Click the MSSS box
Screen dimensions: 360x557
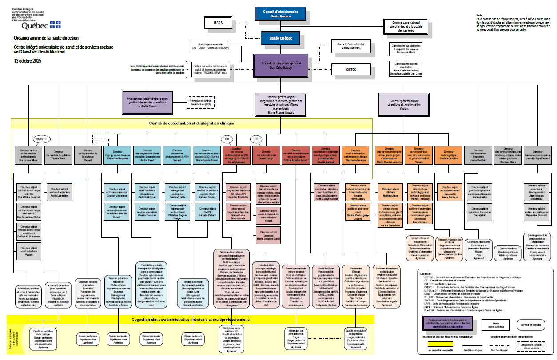coord(218,23)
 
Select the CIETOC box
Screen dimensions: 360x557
coord(351,69)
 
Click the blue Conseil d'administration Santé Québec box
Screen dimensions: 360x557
coord(280,14)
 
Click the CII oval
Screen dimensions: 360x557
coord(256,139)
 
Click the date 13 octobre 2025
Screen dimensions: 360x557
coord(28,60)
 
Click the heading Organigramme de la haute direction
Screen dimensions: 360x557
coord(46,38)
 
